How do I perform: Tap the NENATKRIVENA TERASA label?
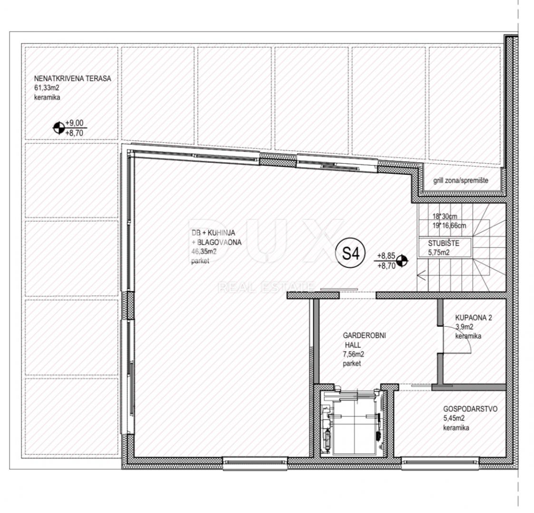pyautogui.click(x=73, y=78)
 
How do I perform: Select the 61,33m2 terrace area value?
pyautogui.click(x=47, y=88)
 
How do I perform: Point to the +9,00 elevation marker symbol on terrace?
pyautogui.click(x=58, y=128)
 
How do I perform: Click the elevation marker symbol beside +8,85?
pyautogui.click(x=402, y=261)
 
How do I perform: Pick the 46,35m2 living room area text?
pyautogui.click(x=204, y=252)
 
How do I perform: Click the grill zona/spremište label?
pyautogui.click(x=460, y=180)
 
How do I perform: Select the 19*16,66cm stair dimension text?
pyautogui.click(x=449, y=225)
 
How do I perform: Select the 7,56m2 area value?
pyautogui.click(x=353, y=354)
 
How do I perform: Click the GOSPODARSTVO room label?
pyautogui.click(x=470, y=409)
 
